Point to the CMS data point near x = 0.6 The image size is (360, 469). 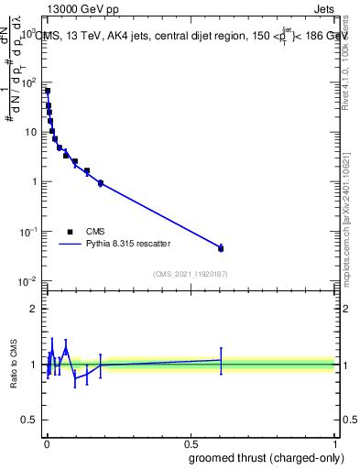(x=221, y=248)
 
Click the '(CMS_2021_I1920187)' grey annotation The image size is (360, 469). (x=191, y=274)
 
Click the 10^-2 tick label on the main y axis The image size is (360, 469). (x=27, y=281)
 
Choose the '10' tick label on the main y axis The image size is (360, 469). (x=29, y=132)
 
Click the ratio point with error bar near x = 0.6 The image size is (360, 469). (x=221, y=360)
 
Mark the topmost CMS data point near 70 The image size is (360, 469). (x=48, y=91)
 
